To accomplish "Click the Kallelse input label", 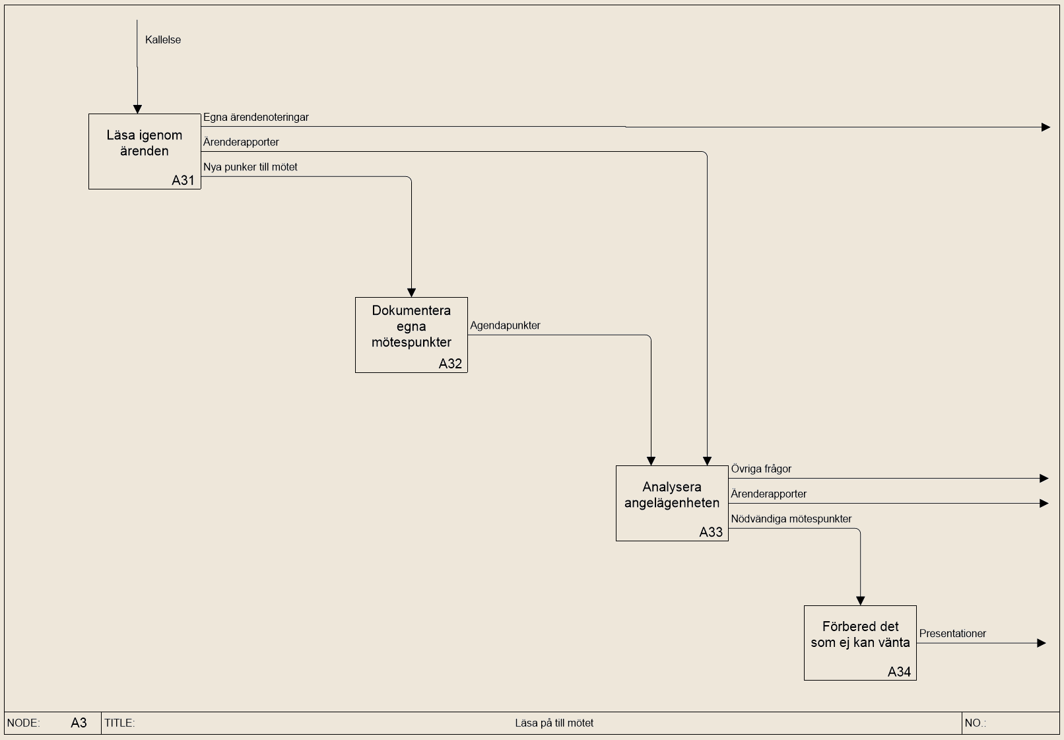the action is click(163, 40).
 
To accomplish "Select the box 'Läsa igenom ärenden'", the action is click(145, 152).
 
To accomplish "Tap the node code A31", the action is click(183, 180).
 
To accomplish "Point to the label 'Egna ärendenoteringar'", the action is click(256, 118).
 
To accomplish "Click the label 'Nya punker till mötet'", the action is click(250, 167).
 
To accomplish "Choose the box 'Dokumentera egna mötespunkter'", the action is click(411, 335).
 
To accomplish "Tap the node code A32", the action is click(450, 364).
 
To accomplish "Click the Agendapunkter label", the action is click(506, 326).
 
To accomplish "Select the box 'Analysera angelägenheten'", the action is click(672, 503).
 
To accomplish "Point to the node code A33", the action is click(711, 532).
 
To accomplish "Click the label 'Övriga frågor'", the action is click(761, 469).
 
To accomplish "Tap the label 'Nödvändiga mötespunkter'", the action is click(791, 519).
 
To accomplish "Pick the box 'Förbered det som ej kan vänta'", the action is click(860, 643).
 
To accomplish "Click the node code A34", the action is click(899, 672).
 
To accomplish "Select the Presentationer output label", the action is click(953, 634).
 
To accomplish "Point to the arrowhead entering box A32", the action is click(411, 292).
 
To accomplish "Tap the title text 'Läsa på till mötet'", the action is click(554, 723).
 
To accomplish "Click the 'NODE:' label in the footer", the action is click(23, 723).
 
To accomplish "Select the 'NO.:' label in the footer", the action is click(975, 723).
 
